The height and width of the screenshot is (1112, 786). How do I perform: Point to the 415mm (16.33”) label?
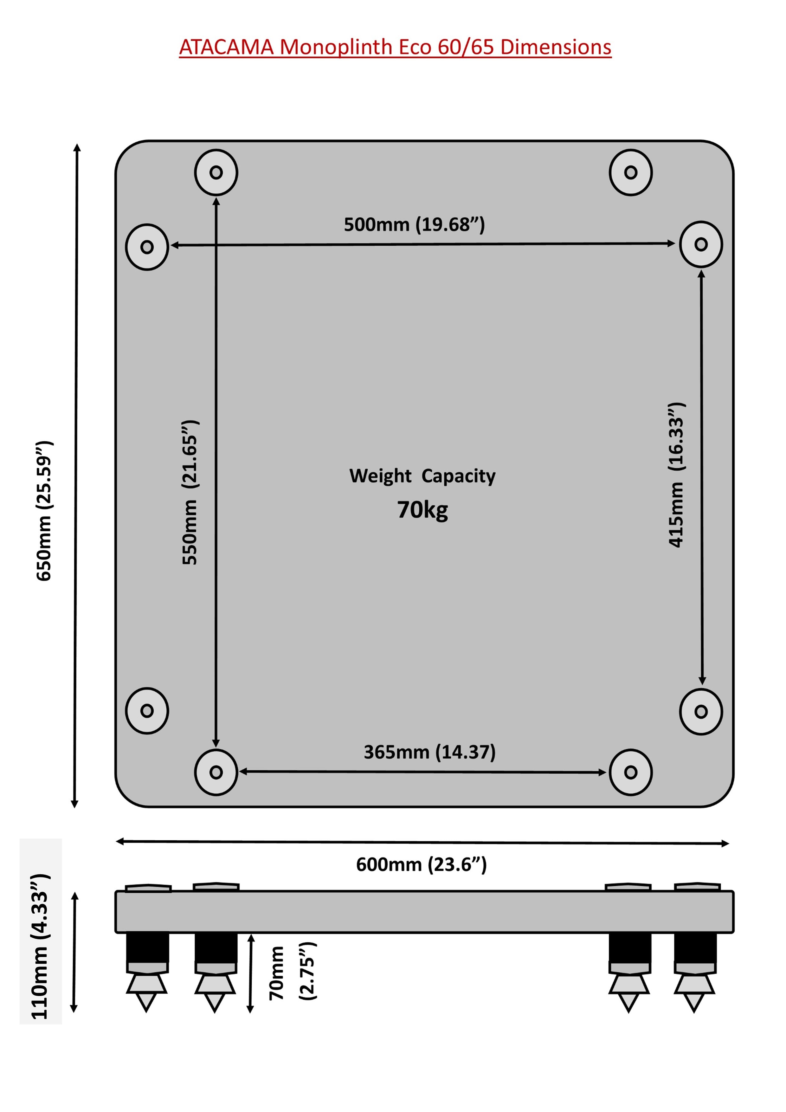pos(676,475)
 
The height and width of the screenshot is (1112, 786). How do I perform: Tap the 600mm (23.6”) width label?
pos(421,864)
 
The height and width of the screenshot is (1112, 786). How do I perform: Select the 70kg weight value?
pos(422,510)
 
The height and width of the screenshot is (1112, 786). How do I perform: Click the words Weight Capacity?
pos(422,475)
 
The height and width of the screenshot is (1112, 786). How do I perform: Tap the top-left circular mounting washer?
pos(216,172)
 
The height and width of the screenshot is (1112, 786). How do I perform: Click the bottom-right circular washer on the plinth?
pos(631,772)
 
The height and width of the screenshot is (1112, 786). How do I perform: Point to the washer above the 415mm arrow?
pos(701,244)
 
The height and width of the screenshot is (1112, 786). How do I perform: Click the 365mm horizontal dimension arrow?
pos(422,772)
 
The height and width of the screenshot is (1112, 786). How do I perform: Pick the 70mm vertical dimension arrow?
pos(250,973)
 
